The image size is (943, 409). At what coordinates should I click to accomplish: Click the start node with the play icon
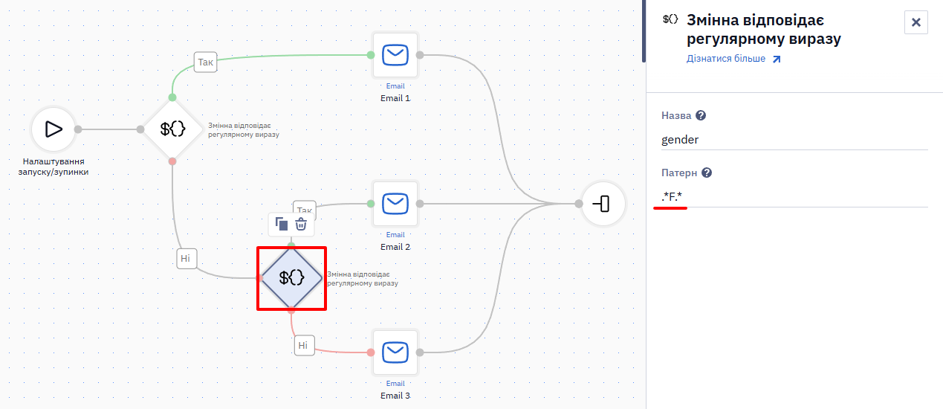54,129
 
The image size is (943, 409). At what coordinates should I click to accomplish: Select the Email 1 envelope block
395,55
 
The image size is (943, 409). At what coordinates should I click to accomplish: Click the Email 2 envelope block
395,204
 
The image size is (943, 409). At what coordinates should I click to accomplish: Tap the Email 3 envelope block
395,352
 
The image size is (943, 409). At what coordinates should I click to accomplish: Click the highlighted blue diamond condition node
291,278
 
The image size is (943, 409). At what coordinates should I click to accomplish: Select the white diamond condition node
172,129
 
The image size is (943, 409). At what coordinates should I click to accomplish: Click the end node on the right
603,204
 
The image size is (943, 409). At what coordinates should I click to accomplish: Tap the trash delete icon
300,224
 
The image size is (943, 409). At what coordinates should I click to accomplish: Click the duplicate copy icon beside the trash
281,224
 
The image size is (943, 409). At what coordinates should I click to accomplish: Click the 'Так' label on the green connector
205,62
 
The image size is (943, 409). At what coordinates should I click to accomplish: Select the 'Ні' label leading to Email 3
304,345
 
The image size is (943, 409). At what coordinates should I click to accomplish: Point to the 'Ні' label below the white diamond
186,258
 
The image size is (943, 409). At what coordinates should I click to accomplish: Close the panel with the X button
916,22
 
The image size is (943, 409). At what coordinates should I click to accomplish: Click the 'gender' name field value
680,139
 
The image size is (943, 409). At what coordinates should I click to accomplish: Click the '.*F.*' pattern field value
672,196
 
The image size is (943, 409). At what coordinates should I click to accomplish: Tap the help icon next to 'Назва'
701,115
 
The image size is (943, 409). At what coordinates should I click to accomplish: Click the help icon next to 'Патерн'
707,173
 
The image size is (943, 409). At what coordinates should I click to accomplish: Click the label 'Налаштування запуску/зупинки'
54,167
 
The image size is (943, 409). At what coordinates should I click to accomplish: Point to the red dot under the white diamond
172,161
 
